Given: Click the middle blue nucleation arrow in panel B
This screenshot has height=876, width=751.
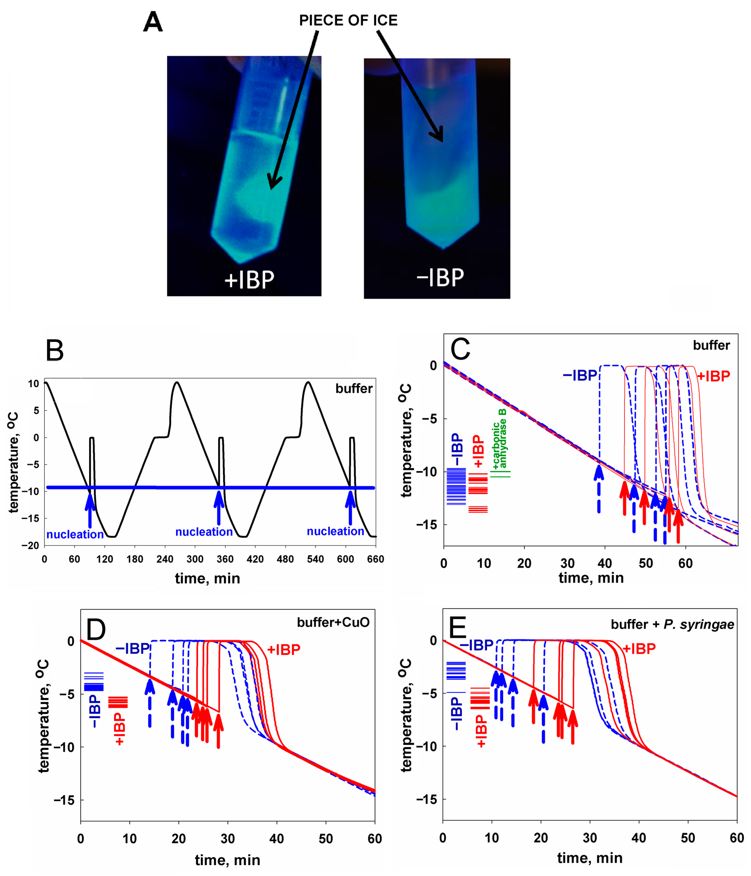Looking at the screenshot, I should coord(219,507).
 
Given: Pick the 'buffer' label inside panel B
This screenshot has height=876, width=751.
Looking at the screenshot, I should coord(354,389).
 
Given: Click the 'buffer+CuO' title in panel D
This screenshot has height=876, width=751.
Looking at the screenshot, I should coord(333,622).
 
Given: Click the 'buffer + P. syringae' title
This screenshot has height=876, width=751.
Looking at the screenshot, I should coord(672,624).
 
